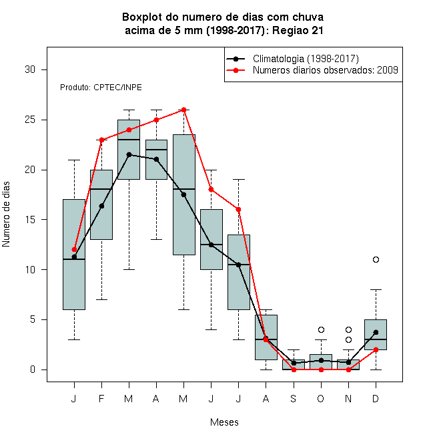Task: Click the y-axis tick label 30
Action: [x=30, y=69]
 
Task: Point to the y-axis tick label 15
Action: [x=30, y=220]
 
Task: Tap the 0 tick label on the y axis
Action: [x=33, y=370]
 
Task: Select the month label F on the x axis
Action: [x=101, y=398]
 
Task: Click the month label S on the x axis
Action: [x=294, y=398]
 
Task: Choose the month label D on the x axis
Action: [x=376, y=398]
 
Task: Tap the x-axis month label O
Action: [x=320, y=398]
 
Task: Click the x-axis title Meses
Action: [x=224, y=422]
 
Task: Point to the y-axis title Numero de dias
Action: [x=6, y=214]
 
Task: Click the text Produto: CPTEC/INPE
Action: [x=101, y=88]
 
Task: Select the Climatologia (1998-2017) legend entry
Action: [x=293, y=59]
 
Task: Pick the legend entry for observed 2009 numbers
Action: [x=312, y=70]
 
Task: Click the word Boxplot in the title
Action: [x=142, y=17]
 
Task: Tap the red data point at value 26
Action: [x=183, y=110]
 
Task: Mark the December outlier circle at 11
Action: [x=376, y=260]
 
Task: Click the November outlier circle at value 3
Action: [x=348, y=339]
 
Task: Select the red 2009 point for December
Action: [x=376, y=349]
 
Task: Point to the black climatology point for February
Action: [x=101, y=206]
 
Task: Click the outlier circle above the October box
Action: [x=321, y=329]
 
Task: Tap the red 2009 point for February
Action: [x=101, y=140]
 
